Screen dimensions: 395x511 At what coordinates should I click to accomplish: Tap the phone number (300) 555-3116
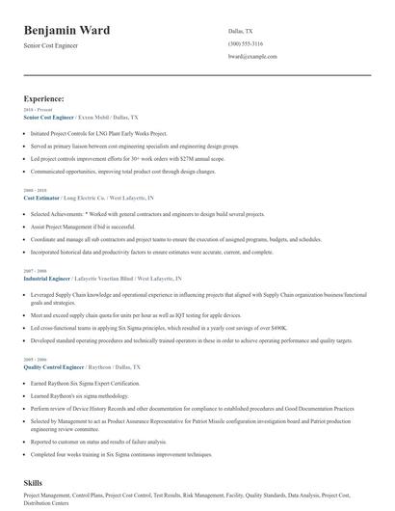point(248,44)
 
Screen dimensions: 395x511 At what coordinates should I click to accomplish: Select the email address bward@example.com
point(251,57)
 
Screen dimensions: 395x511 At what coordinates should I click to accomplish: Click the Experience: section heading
point(44,98)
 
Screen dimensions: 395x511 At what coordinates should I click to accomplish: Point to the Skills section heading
point(34,480)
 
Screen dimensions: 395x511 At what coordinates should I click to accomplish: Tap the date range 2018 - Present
point(37,109)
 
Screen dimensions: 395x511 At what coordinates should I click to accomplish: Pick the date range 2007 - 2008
point(34,271)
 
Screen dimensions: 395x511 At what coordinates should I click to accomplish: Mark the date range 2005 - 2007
point(34,360)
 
